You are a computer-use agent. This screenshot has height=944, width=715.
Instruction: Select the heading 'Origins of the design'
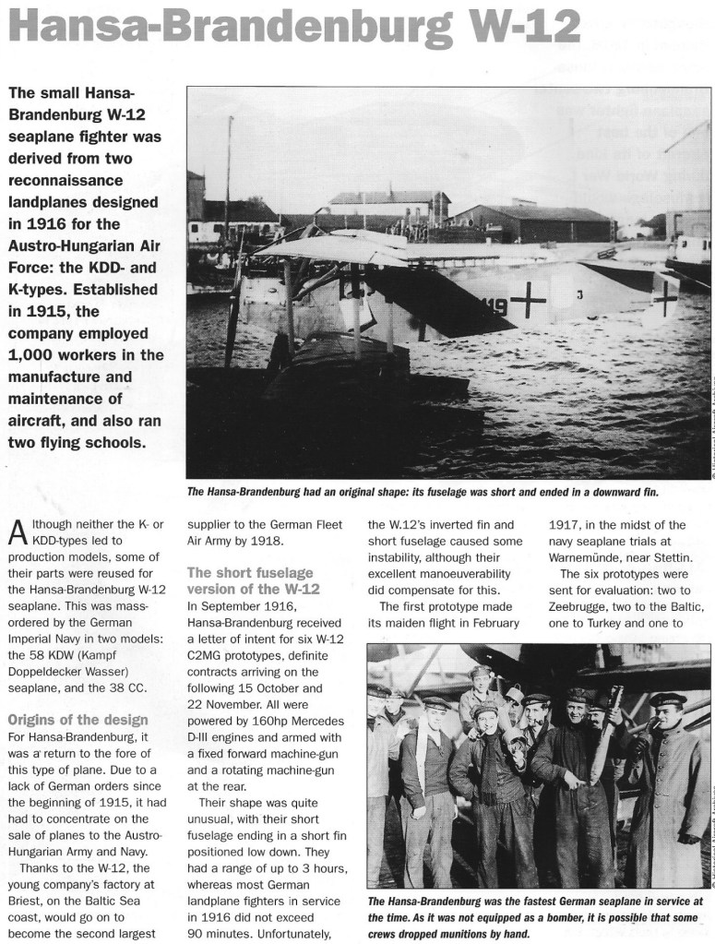click(x=77, y=719)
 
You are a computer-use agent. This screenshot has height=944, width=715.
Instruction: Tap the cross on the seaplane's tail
click(x=664, y=295)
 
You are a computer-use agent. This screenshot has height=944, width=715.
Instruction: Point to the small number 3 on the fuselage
click(x=579, y=295)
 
